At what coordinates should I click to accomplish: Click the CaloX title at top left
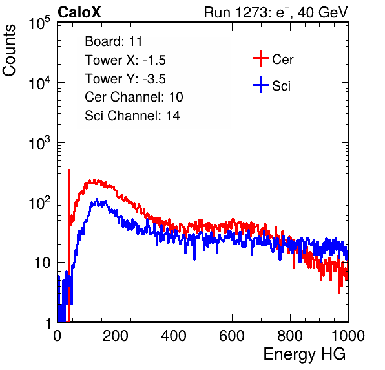pyautogui.click(x=79, y=12)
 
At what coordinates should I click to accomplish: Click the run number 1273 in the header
pyautogui.click(x=251, y=12)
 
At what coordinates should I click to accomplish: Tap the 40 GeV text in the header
pyautogui.click(x=322, y=12)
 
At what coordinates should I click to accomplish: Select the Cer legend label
pyautogui.click(x=282, y=60)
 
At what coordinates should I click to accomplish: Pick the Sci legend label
pyautogui.click(x=282, y=86)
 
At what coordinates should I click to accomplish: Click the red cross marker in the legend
pyautogui.click(x=261, y=58)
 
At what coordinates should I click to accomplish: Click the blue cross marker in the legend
pyautogui.click(x=261, y=85)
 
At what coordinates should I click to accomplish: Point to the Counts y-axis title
pyautogui.click(x=9, y=50)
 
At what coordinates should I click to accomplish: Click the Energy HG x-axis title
pyautogui.click(x=304, y=354)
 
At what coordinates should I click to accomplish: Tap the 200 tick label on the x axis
pyautogui.click(x=116, y=336)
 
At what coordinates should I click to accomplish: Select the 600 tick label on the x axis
pyautogui.click(x=232, y=336)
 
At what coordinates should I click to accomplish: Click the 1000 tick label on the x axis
pyautogui.click(x=348, y=336)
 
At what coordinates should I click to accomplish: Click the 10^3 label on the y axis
pyautogui.click(x=39, y=143)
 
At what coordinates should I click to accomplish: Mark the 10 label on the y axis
pyautogui.click(x=42, y=263)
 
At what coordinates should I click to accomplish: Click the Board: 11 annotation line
pyautogui.click(x=114, y=41)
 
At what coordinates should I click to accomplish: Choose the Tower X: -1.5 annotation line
pyautogui.click(x=125, y=60)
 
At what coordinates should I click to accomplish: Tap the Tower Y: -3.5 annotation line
pyautogui.click(x=125, y=79)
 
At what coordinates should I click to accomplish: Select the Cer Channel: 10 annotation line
pyautogui.click(x=134, y=97)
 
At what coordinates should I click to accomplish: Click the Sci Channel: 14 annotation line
pyautogui.click(x=132, y=116)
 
